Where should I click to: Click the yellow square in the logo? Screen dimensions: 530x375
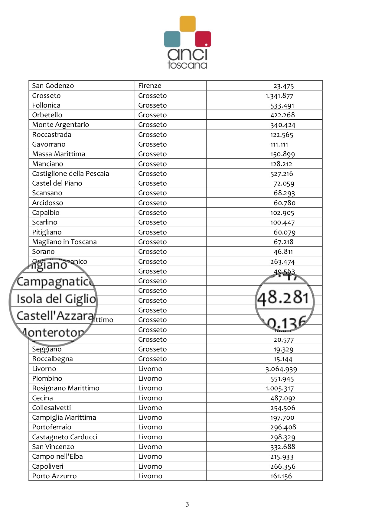point(187,24)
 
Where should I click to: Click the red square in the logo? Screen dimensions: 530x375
point(203,39)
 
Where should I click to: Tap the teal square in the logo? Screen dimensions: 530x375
point(172,39)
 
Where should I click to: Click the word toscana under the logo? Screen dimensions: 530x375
point(187,65)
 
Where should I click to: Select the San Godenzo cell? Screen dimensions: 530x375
point(53,86)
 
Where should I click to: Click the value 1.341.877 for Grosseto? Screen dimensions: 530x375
point(279,96)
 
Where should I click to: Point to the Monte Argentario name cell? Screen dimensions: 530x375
point(61,125)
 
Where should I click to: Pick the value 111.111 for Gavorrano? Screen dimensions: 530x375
point(279,144)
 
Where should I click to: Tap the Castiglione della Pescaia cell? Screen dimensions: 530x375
point(70,174)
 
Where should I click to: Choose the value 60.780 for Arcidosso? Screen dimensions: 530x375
point(284,203)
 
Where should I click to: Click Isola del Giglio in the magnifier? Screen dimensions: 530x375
point(56,299)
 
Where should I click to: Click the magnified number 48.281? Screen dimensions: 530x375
point(283,298)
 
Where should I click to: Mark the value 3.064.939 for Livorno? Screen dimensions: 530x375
point(281,369)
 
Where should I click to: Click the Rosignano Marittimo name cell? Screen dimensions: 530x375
point(66,388)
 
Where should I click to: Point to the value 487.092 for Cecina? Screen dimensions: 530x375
point(283,398)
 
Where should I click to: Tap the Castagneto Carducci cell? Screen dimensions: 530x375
point(65,437)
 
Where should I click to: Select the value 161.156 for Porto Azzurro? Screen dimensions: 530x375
point(281,476)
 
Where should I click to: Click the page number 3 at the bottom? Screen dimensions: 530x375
point(187,504)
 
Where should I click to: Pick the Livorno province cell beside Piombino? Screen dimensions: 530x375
point(150,379)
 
